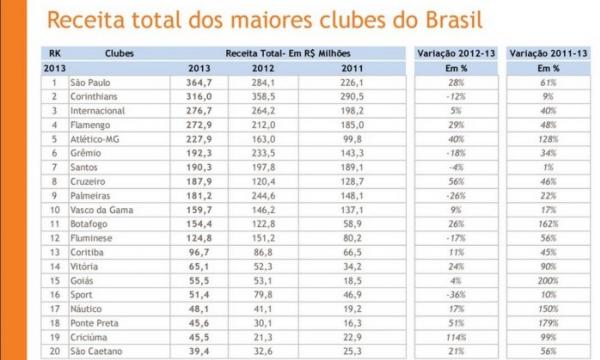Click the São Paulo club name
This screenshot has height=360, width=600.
click(91, 81)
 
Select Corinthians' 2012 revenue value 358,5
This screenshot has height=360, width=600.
click(262, 95)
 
